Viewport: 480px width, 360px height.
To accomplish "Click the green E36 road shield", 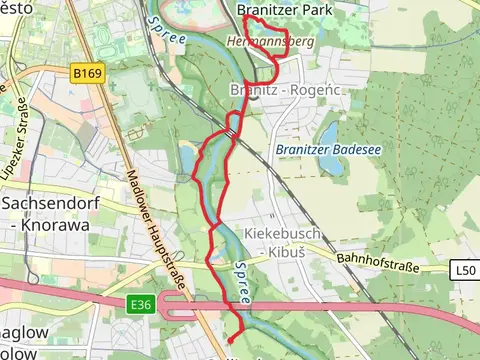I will coord(140,303).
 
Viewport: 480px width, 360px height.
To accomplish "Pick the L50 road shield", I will coord(464,270).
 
